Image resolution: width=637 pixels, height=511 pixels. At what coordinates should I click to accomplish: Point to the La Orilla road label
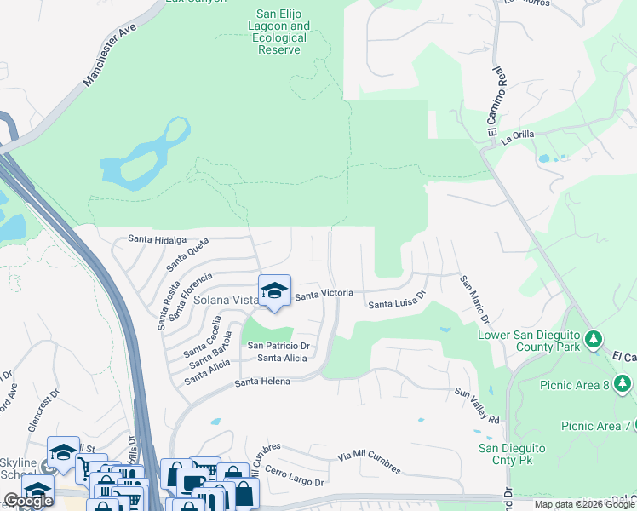517,136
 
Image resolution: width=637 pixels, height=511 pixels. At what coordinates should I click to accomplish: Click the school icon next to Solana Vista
274,292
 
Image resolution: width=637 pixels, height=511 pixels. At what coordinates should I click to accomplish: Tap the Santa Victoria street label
324,294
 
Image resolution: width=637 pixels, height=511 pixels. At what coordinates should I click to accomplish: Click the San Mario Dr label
474,300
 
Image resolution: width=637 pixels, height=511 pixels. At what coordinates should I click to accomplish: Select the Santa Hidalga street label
157,240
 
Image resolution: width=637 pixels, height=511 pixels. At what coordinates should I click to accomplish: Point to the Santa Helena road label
262,382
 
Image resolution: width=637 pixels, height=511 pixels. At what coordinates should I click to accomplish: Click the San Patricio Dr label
278,346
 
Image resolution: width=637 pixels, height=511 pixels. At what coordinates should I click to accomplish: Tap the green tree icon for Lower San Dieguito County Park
594,342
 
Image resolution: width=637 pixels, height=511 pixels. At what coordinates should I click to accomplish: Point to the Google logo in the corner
28,501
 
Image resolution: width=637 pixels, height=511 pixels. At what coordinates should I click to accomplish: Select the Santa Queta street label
187,254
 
